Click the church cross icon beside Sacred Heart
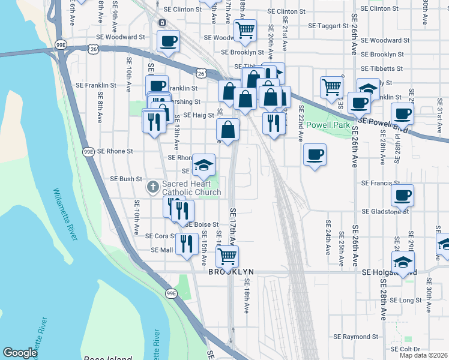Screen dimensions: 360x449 point(153,187)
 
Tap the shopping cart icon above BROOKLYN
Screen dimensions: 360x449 point(227,256)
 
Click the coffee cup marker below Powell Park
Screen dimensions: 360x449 point(315,156)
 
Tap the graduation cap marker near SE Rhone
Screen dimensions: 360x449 point(203,164)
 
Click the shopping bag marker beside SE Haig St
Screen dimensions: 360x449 point(228,129)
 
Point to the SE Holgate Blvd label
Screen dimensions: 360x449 point(390,272)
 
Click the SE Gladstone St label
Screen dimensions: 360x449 point(385,212)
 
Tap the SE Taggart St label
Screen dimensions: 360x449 point(328,26)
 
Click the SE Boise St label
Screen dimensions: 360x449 point(201,224)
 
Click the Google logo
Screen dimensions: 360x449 point(20,353)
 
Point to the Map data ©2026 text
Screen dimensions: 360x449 point(424,355)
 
